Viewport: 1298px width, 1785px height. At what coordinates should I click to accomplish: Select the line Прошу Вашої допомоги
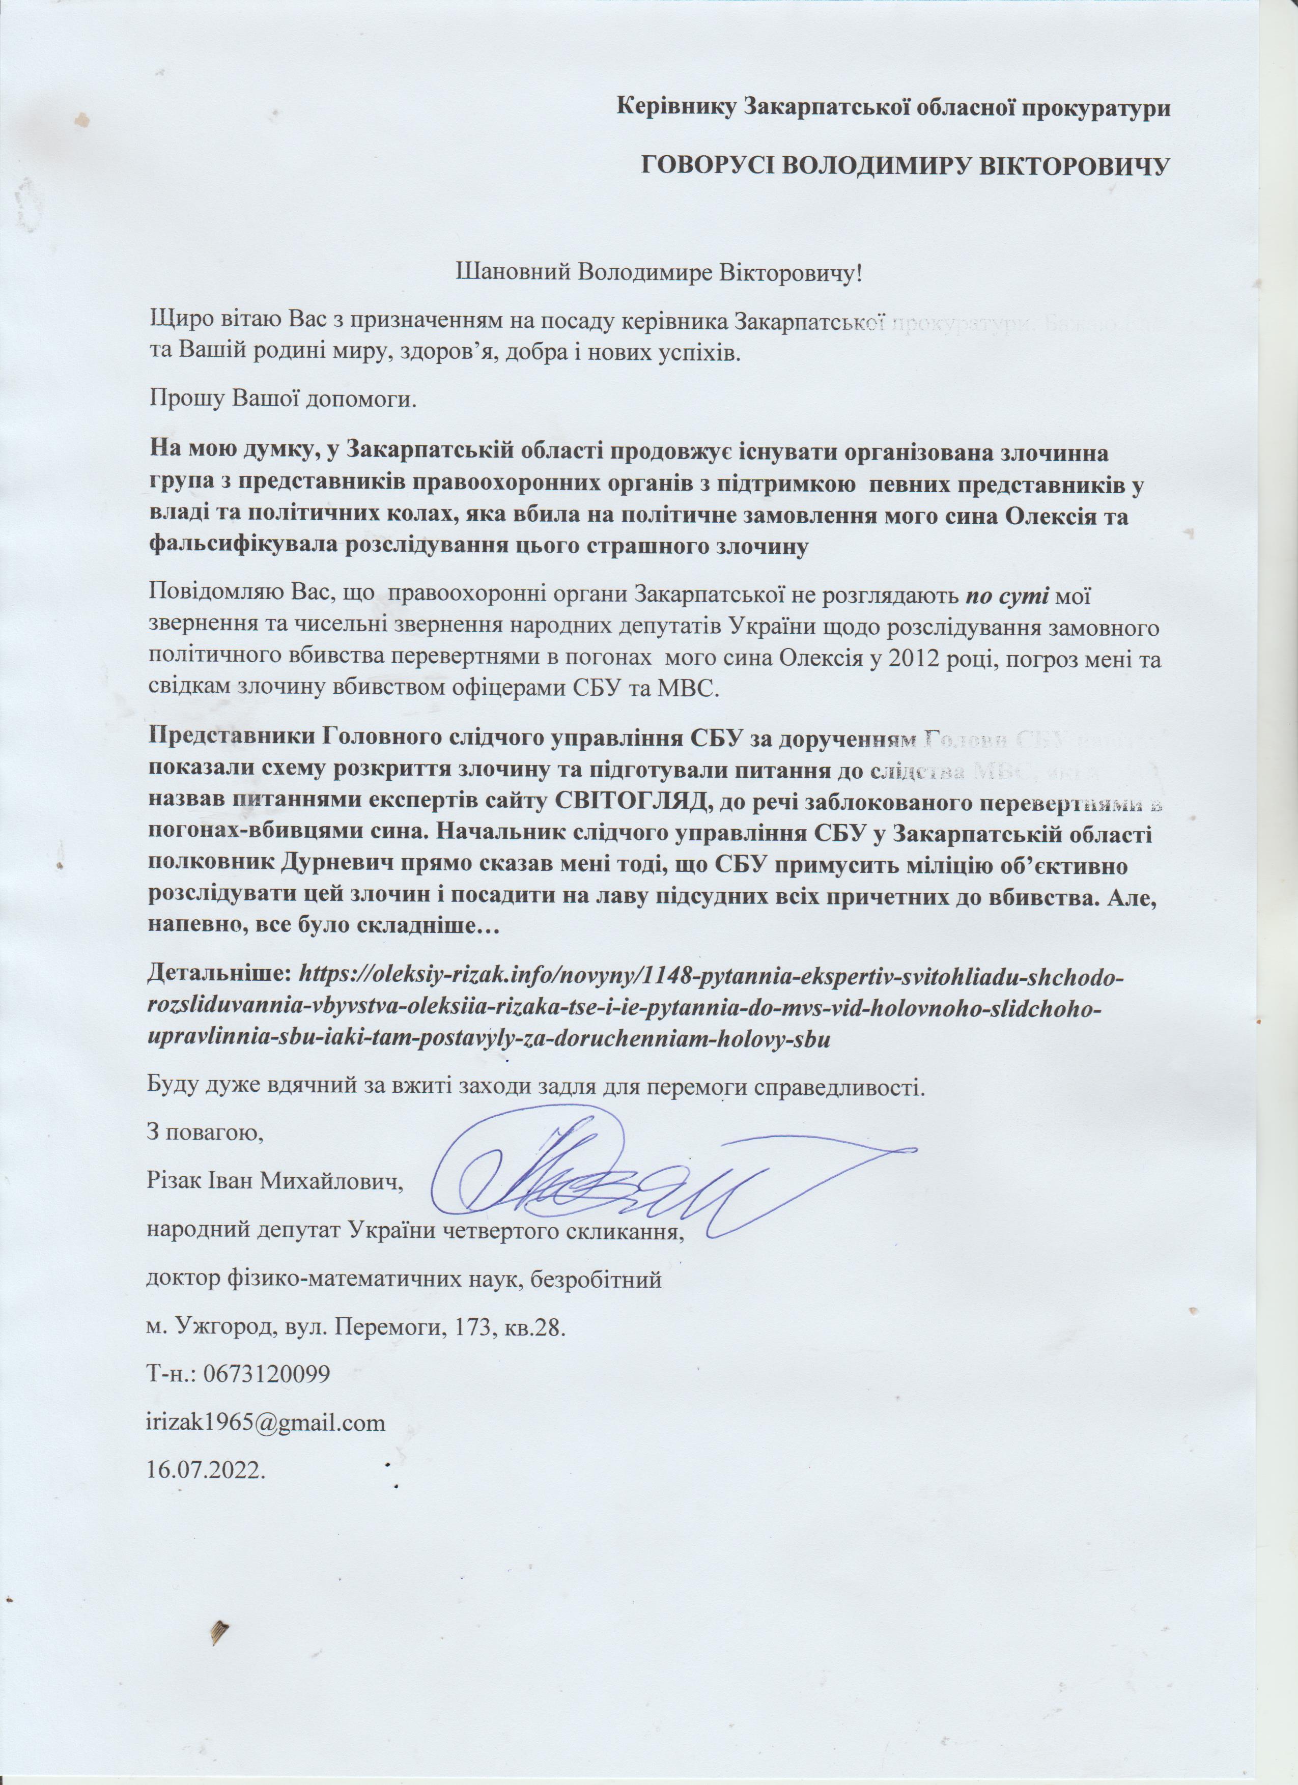click(282, 401)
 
